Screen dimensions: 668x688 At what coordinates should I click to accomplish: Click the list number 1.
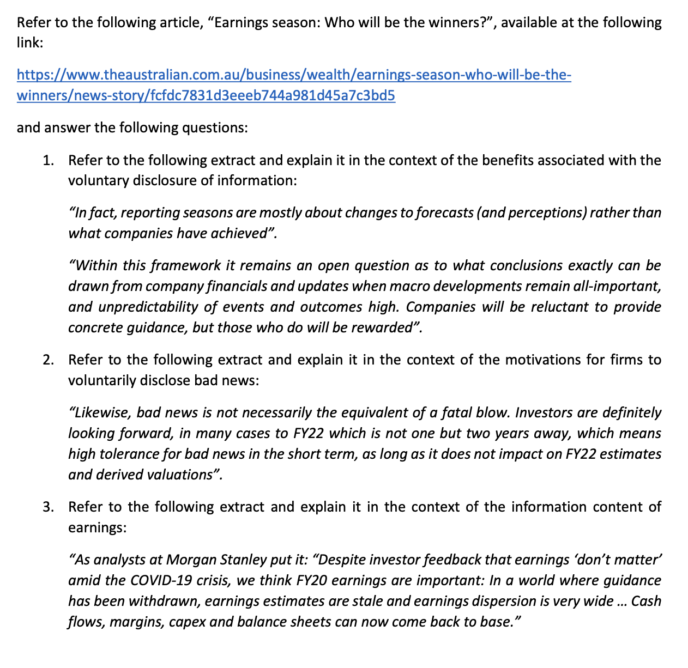tap(49, 161)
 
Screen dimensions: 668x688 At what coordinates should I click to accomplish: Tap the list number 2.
tap(49, 360)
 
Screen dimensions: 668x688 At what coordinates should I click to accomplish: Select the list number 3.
tap(49, 507)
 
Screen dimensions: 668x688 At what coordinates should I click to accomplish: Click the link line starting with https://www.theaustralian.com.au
tap(294, 75)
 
